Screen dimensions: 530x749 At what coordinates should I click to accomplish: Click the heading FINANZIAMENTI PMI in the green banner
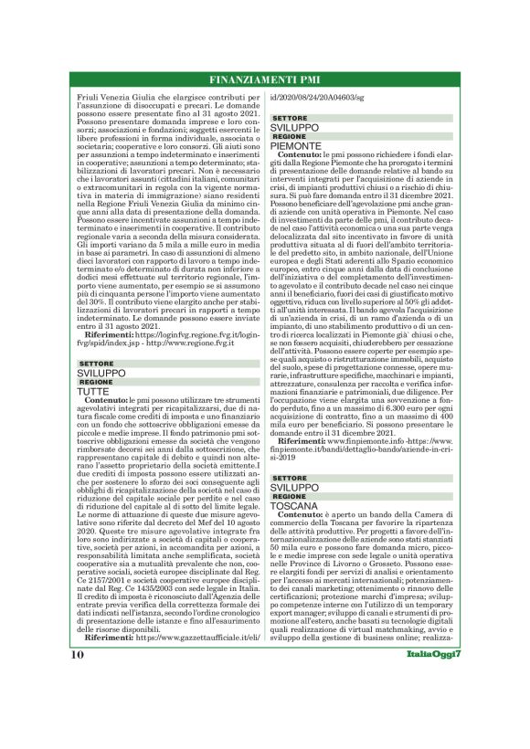[x=265, y=78]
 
